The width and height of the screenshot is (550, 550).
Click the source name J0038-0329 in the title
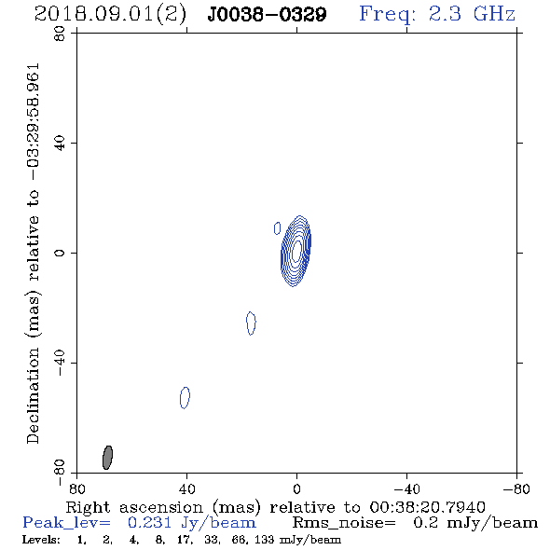[267, 14]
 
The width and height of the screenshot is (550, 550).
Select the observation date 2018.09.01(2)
[110, 15]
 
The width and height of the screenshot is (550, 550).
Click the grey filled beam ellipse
[107, 458]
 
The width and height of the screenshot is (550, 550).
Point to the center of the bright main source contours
[296, 251]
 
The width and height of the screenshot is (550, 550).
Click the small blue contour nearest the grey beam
[185, 398]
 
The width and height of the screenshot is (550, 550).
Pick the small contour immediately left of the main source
[277, 228]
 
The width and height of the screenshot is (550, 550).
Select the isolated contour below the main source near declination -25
[251, 323]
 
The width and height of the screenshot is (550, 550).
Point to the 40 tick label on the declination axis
[60, 144]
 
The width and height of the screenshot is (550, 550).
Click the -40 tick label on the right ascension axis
[406, 489]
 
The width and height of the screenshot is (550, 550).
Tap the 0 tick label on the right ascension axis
[296, 489]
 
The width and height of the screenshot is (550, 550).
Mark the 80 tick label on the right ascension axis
[76, 489]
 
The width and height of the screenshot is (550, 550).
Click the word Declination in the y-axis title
[33, 395]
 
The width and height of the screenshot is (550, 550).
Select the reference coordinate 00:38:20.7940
[427, 507]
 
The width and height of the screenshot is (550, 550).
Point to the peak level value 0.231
[149, 523]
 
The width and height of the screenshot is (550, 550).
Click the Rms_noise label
[344, 523]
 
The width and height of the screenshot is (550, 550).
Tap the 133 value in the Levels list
[264, 539]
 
